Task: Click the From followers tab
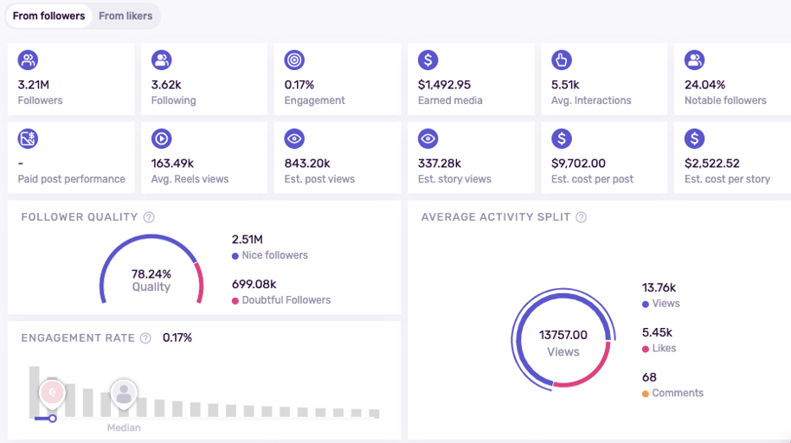click(49, 16)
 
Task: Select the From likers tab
click(125, 16)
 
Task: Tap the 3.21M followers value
click(34, 85)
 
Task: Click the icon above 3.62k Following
click(162, 60)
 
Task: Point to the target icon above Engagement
click(294, 60)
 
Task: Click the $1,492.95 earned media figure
click(444, 85)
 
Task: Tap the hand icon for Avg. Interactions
click(562, 60)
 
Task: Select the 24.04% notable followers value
click(704, 85)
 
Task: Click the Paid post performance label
click(72, 179)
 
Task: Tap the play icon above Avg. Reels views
click(162, 138)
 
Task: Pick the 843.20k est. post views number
click(307, 164)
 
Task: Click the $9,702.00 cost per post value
click(578, 164)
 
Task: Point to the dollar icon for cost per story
click(695, 138)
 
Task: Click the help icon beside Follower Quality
click(149, 217)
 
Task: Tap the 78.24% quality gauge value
click(151, 274)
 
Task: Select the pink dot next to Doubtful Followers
click(235, 301)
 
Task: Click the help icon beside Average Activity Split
click(582, 217)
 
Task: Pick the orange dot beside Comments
click(646, 394)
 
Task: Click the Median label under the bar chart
click(124, 428)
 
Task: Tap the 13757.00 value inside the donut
click(563, 335)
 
